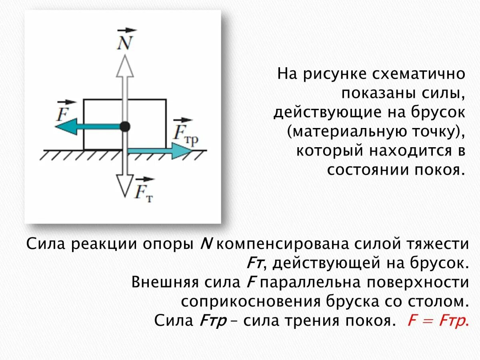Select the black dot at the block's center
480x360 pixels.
125,127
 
